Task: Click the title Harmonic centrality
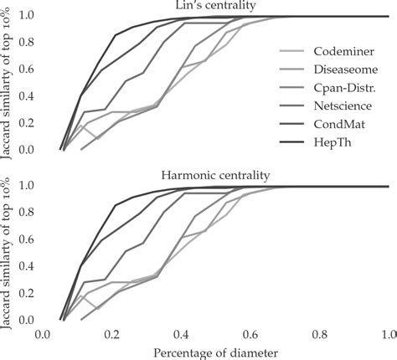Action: point(216,177)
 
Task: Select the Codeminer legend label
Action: point(342,51)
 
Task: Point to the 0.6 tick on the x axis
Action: point(250,334)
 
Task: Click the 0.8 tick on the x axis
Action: point(319,334)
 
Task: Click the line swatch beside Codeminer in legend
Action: point(293,51)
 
